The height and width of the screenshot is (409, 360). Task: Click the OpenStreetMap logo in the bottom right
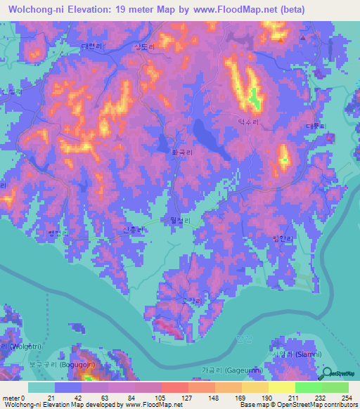[340, 374]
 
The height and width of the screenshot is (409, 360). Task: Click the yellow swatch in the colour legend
[281, 387]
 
